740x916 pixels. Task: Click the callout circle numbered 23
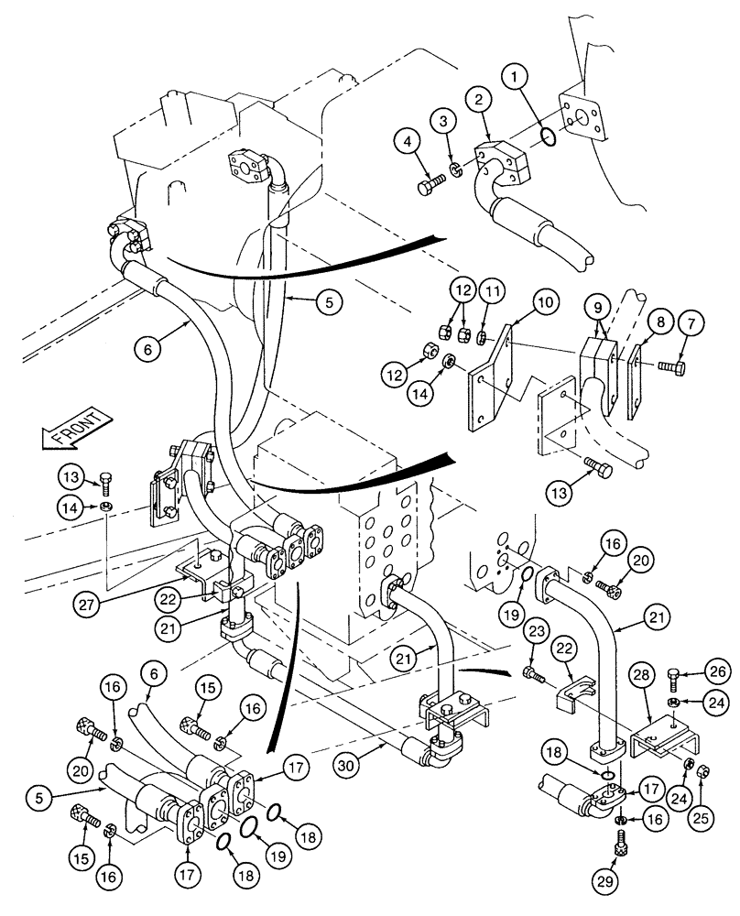point(538,629)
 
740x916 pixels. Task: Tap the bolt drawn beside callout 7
point(669,365)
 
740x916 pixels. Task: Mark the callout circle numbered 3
point(445,122)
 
